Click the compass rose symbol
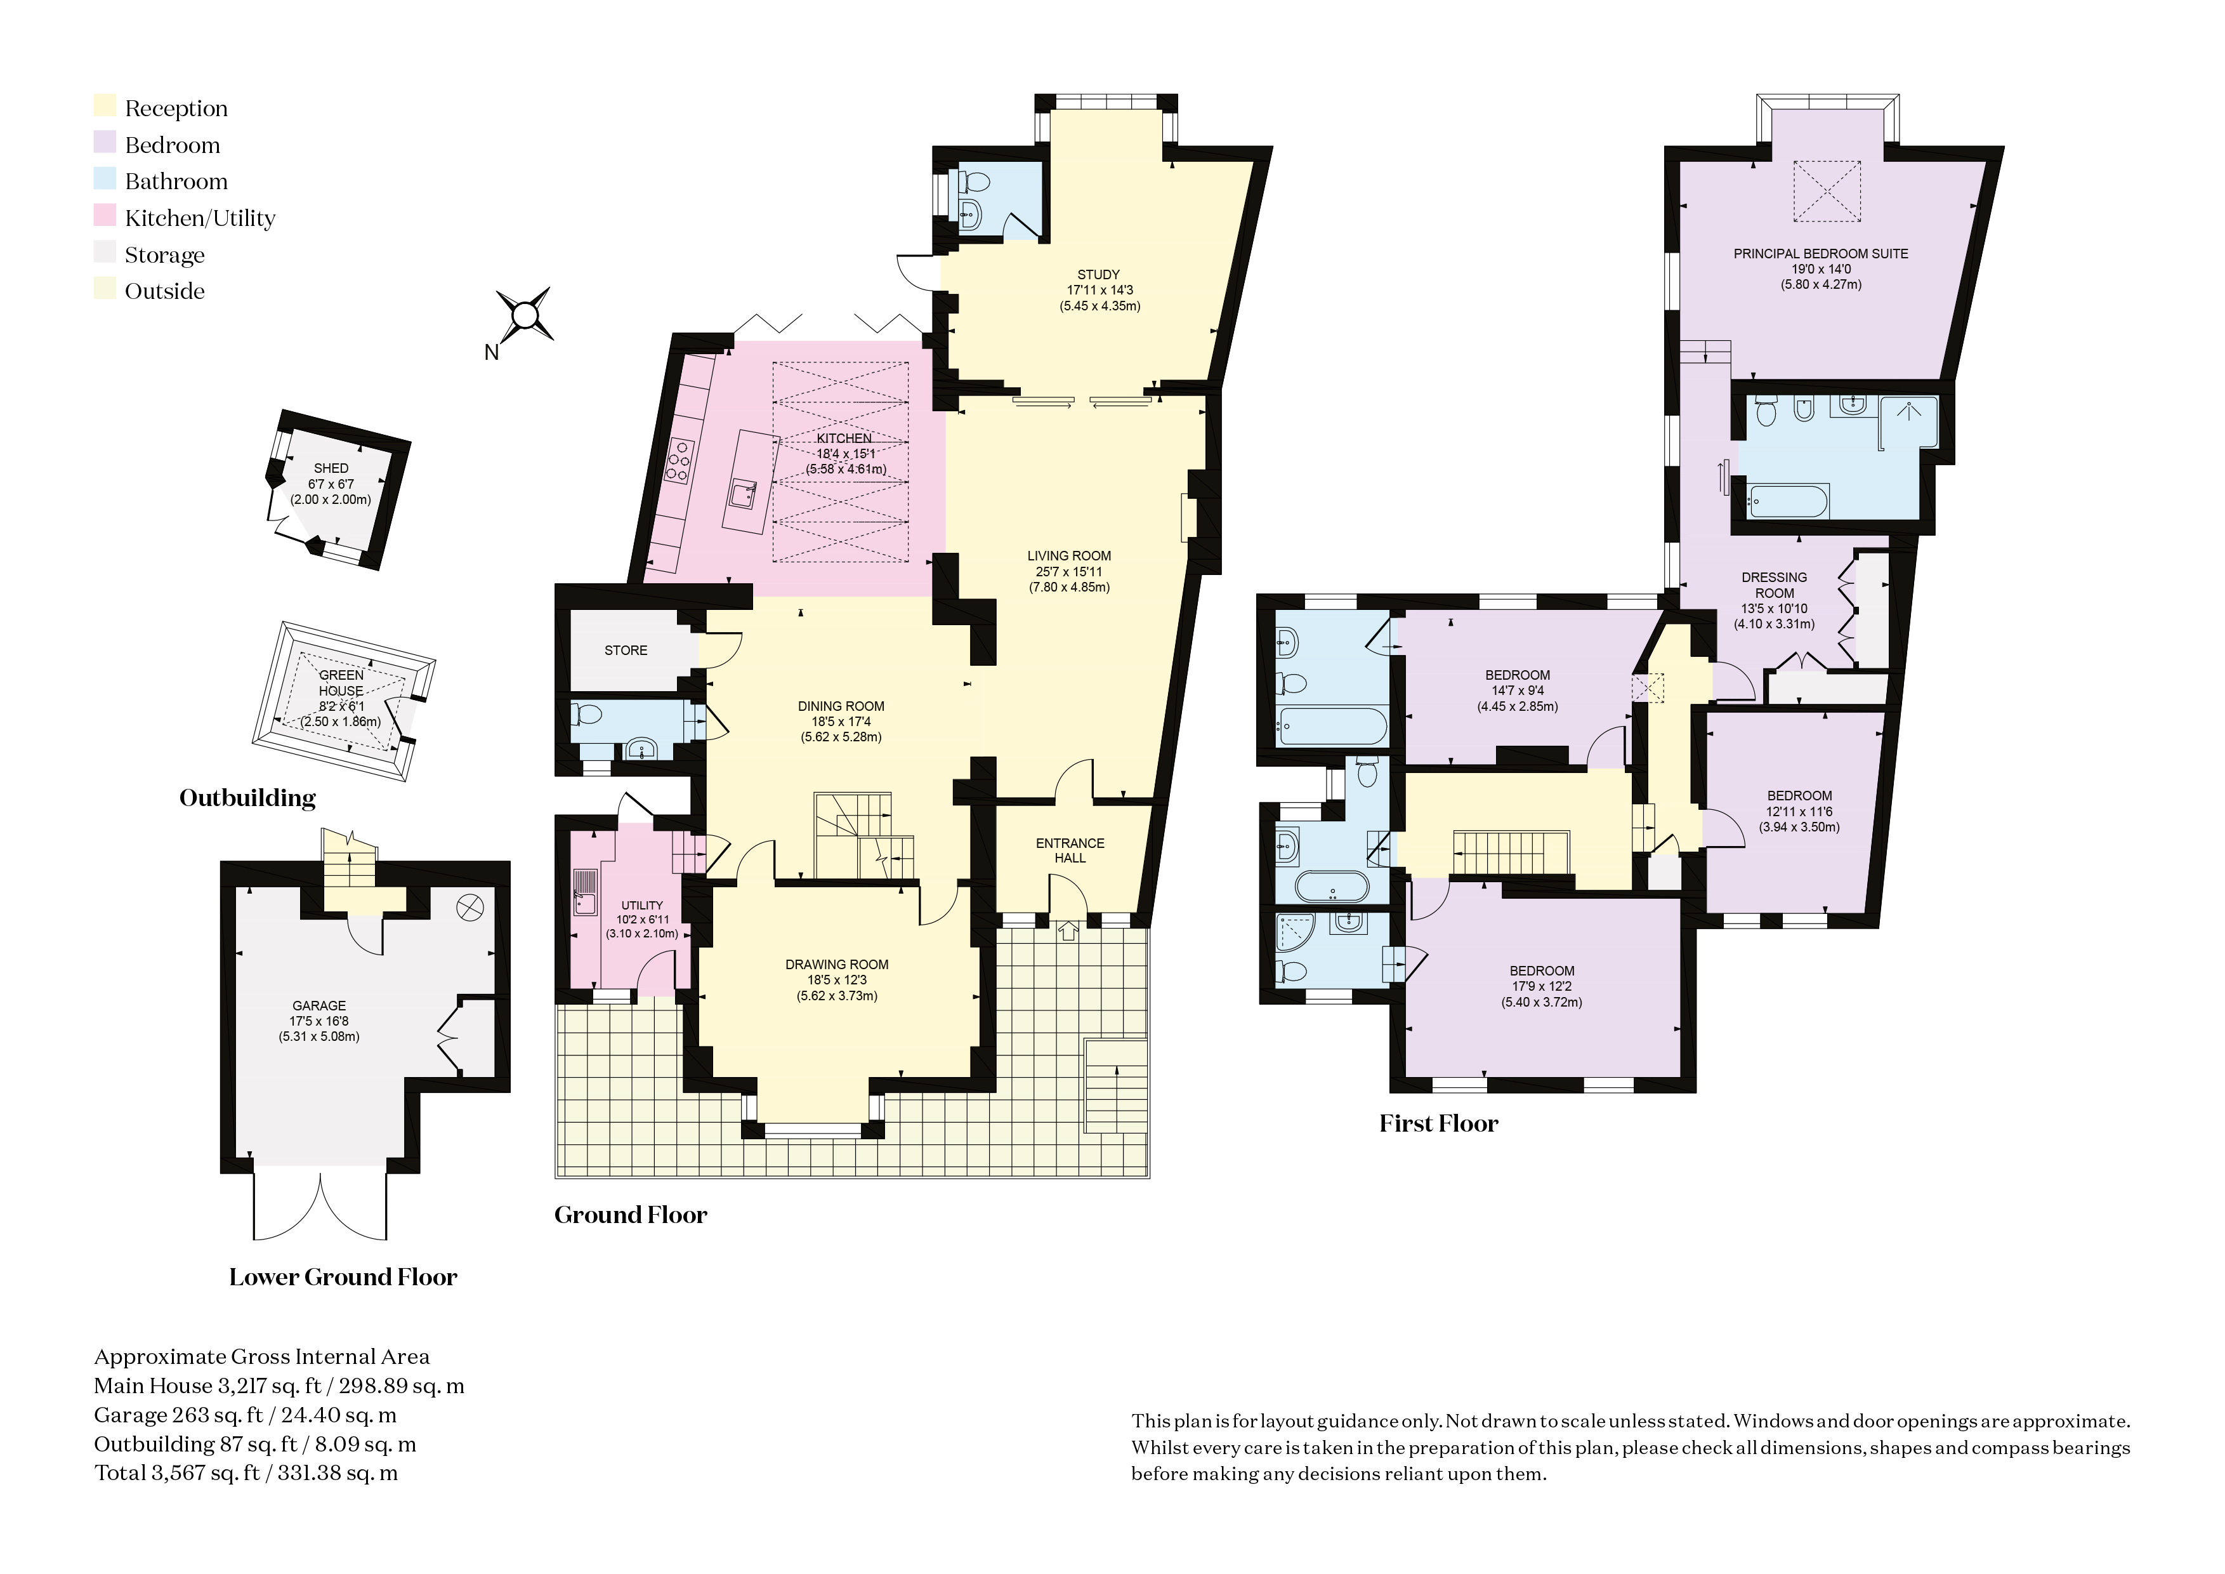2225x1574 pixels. (x=524, y=314)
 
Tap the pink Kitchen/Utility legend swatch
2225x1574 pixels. (x=105, y=217)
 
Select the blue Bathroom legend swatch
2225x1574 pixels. (x=105, y=180)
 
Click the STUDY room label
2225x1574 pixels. (x=1098, y=274)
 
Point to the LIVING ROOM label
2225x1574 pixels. (x=1069, y=555)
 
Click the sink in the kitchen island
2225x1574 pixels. (x=744, y=495)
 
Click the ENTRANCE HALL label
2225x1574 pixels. (x=1070, y=850)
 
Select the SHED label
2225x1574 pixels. (x=331, y=468)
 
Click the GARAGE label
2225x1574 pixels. (x=319, y=1006)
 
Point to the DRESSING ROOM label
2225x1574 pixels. (x=1775, y=585)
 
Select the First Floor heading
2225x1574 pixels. (x=1438, y=1123)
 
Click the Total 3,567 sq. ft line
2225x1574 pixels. (x=246, y=1473)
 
